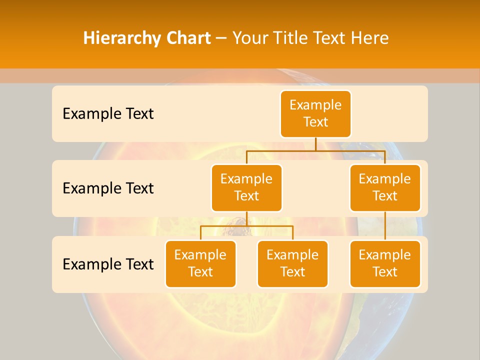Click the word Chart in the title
pyautogui.click(x=186, y=38)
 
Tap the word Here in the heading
pyautogui.click(x=369, y=38)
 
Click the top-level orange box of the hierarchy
pyautogui.click(x=315, y=114)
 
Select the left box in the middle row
pyautogui.click(x=246, y=187)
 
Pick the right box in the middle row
pyautogui.click(x=385, y=187)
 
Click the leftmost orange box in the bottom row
pyautogui.click(x=200, y=263)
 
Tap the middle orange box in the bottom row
pyautogui.click(x=292, y=263)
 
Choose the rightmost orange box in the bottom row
pyautogui.click(x=385, y=263)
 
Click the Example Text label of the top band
pyautogui.click(x=108, y=114)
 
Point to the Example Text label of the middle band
pyautogui.click(x=108, y=188)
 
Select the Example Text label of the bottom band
pyautogui.click(x=108, y=264)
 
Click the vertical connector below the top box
pyautogui.click(x=315, y=144)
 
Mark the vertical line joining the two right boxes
pyautogui.click(x=385, y=226)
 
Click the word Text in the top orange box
pyautogui.click(x=315, y=122)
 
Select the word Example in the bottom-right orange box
pyautogui.click(x=385, y=255)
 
